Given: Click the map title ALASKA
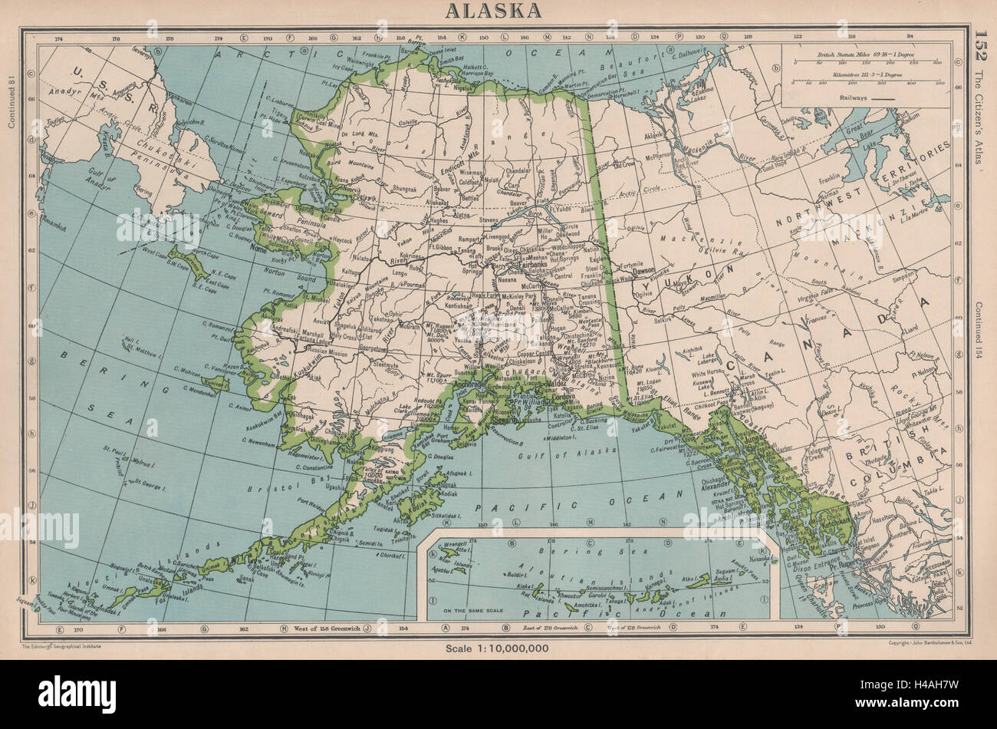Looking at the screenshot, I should coord(498,10).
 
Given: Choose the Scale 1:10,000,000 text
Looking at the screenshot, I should coord(498,649).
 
